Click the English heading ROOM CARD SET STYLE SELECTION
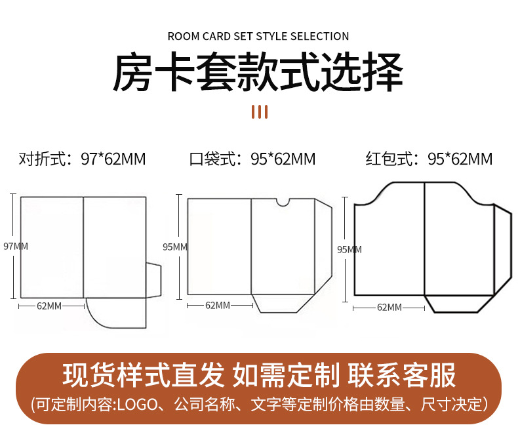tap(258, 37)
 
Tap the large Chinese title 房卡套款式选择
tap(258, 73)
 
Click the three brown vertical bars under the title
tap(260, 111)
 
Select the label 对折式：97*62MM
tap(82, 159)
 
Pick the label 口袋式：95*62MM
tap(252, 159)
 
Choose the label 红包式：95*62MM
tap(429, 159)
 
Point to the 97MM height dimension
tap(16, 247)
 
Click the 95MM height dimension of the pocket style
tap(175, 247)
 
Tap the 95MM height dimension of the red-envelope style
tap(349, 249)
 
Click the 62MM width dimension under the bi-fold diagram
tap(49, 306)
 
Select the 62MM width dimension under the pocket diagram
tap(218, 305)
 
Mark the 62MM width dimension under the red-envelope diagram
tap(389, 307)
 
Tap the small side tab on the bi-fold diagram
tap(153, 280)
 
